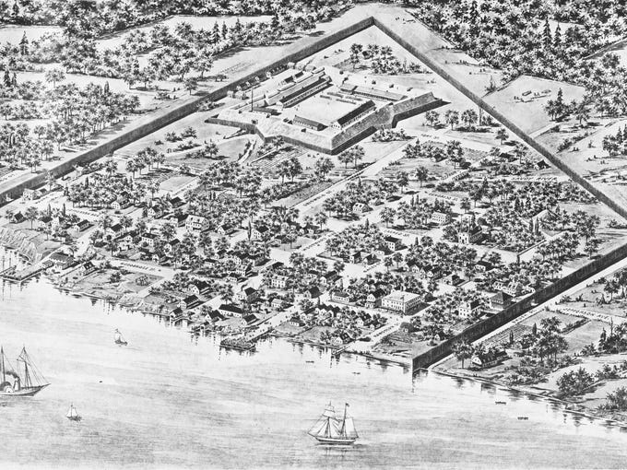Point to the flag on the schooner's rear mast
347,406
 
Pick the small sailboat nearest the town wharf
120,338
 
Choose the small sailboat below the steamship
73,412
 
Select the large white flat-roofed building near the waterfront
402,301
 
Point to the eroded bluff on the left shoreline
28,247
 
